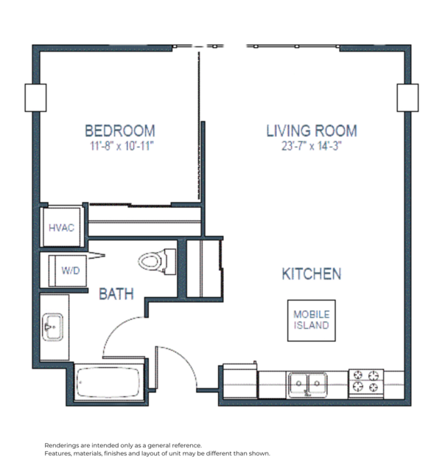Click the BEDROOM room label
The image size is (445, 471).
click(x=119, y=130)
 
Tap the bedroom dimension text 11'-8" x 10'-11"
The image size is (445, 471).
click(x=119, y=146)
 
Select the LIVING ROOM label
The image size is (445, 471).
click(x=311, y=131)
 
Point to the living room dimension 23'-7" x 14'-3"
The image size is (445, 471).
click(x=311, y=146)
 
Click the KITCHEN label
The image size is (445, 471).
click(x=311, y=274)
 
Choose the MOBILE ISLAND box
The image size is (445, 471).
click(x=311, y=320)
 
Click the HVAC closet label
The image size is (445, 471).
click(x=61, y=228)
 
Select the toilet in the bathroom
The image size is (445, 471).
click(x=155, y=261)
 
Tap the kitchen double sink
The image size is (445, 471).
click(x=308, y=384)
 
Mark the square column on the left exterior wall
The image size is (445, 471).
click(x=36, y=97)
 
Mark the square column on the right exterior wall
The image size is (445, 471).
click(x=407, y=97)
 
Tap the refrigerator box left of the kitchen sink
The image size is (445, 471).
click(x=239, y=382)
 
